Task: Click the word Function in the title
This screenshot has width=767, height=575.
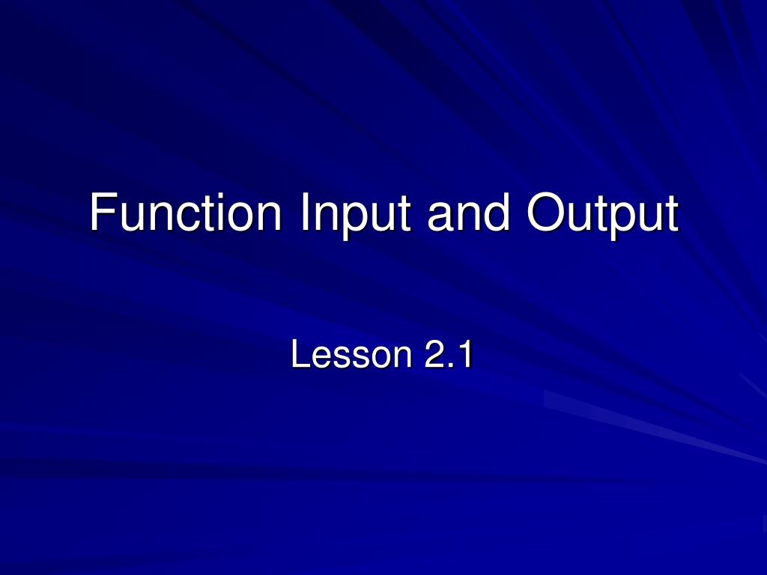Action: point(185,213)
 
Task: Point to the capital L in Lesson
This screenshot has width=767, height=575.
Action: point(299,355)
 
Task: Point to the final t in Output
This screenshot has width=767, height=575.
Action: point(671,214)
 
